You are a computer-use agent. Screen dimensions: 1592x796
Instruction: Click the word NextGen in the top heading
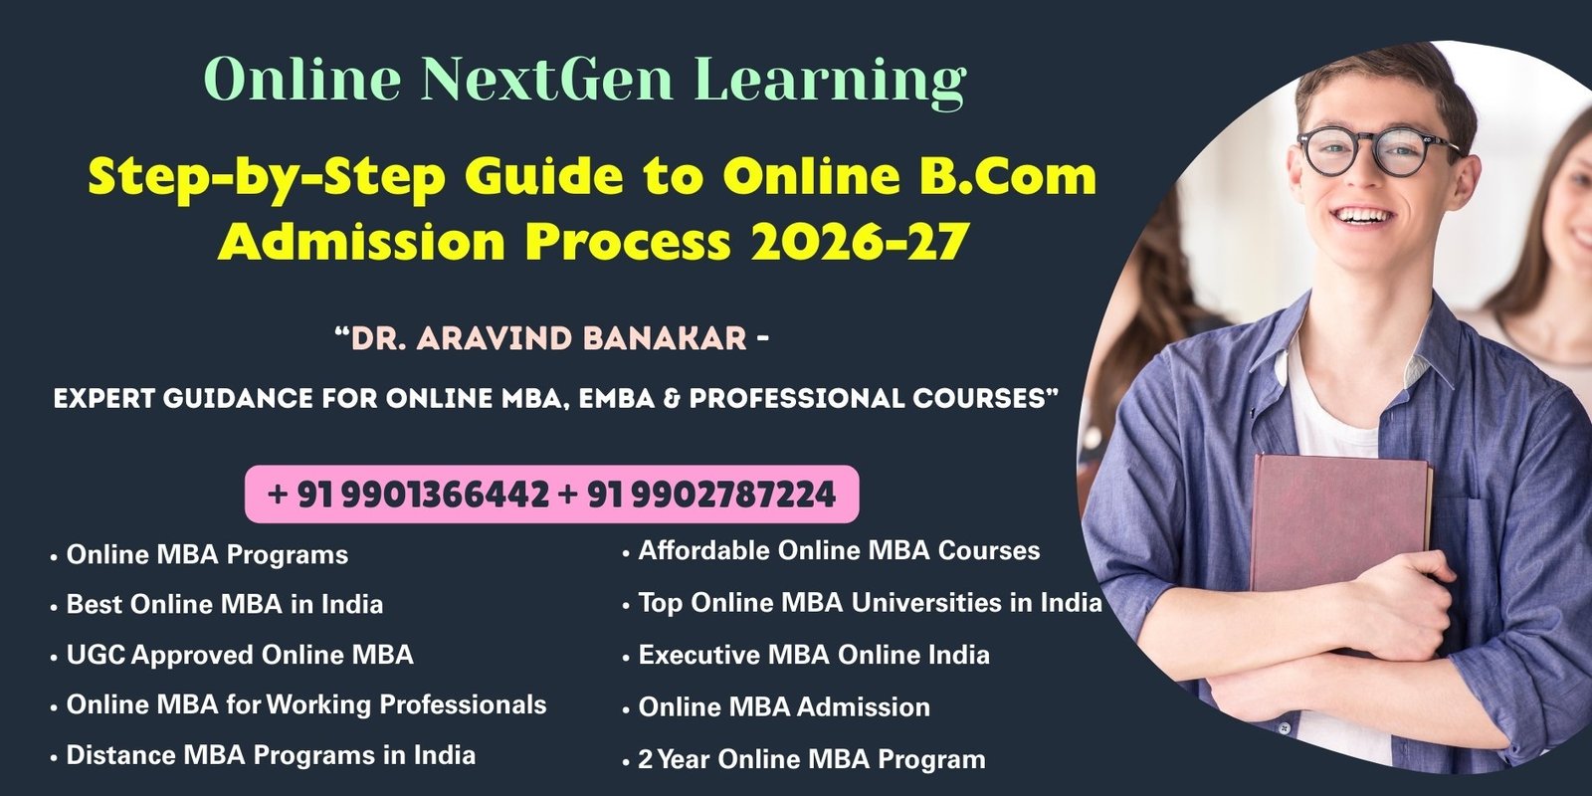546,79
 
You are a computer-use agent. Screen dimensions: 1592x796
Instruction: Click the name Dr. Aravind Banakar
548,338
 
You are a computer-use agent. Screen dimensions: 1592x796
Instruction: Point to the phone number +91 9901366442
408,495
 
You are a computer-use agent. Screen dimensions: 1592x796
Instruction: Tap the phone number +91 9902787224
697,495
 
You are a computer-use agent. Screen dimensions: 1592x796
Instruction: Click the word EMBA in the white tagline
616,399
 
